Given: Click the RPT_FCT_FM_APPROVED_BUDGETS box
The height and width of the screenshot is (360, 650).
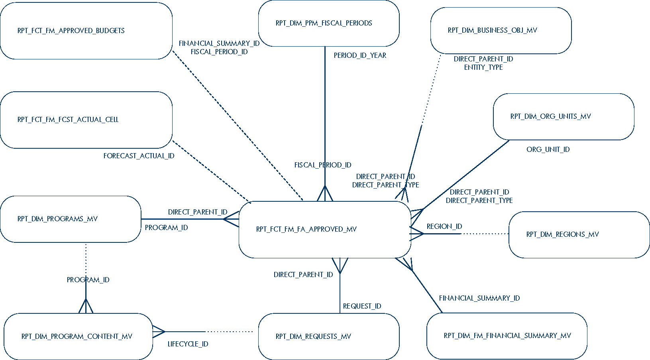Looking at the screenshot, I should click(x=86, y=31).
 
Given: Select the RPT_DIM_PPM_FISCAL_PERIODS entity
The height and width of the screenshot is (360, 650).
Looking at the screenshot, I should click(x=329, y=23).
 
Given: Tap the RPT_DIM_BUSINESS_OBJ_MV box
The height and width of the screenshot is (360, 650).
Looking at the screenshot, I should click(x=501, y=30).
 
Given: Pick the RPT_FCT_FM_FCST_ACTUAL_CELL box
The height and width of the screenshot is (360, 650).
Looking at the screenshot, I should click(x=86, y=120).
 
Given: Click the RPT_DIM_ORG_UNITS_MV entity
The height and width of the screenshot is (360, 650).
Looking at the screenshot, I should click(x=564, y=116).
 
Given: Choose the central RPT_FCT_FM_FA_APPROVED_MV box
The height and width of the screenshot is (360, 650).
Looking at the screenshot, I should click(x=325, y=229).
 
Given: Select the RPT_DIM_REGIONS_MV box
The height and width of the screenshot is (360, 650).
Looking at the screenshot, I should click(x=579, y=234).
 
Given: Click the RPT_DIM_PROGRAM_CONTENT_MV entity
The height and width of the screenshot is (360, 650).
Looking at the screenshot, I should click(x=78, y=336).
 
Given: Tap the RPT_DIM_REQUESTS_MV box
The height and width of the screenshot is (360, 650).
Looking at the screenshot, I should click(x=329, y=336).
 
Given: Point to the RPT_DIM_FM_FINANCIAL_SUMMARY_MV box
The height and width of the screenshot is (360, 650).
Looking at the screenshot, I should click(x=507, y=336).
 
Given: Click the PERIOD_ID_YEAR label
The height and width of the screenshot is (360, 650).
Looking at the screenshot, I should click(x=360, y=55).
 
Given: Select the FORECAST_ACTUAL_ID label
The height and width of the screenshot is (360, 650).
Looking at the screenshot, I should click(x=139, y=156).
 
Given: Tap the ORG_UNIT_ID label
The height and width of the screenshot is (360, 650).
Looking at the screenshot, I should click(x=548, y=150).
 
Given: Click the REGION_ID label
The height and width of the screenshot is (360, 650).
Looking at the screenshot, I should click(x=444, y=226).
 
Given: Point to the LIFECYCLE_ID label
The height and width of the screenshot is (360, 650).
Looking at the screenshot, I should click(x=188, y=344).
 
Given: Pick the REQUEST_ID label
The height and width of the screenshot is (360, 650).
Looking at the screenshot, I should click(x=362, y=306).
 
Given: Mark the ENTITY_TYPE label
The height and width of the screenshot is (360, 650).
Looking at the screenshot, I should click(x=483, y=67).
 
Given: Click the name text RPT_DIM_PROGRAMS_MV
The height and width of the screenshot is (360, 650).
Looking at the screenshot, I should click(x=57, y=219).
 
